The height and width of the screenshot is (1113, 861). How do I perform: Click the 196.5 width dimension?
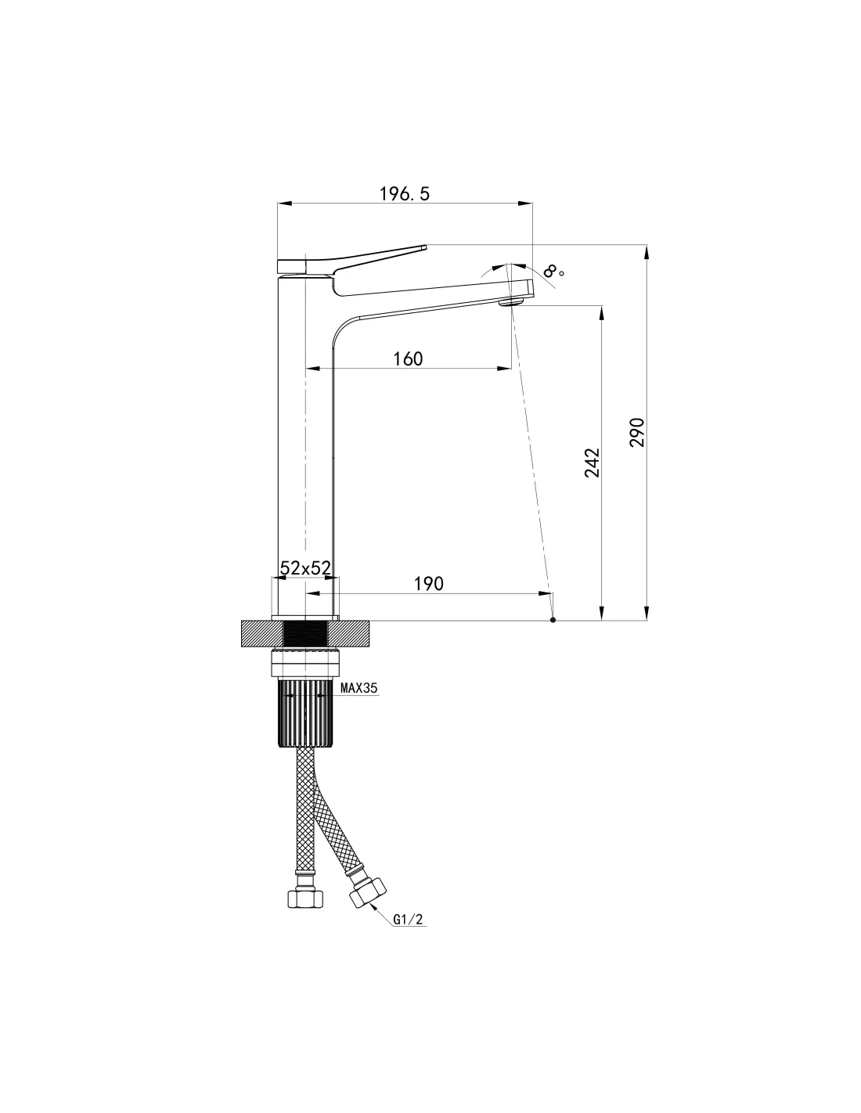tap(404, 193)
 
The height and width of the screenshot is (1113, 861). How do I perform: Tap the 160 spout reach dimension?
tap(408, 359)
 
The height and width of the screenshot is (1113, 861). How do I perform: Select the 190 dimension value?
tap(428, 583)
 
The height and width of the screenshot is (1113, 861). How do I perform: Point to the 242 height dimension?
tap(592, 463)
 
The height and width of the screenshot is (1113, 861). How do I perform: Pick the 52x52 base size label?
tap(305, 567)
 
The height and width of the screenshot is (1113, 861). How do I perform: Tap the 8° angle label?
tap(553, 271)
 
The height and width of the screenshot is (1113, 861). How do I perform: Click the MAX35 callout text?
tap(359, 688)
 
